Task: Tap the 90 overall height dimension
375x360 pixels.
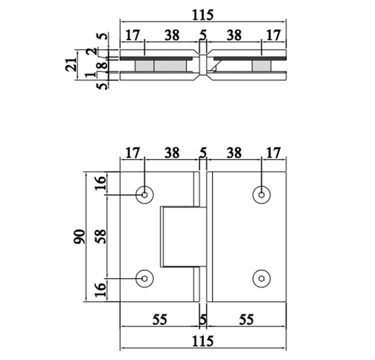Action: click(79, 237)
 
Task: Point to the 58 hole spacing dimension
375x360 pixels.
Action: click(101, 237)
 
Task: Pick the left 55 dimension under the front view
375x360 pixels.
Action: click(160, 320)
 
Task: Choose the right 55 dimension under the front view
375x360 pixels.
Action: click(246, 320)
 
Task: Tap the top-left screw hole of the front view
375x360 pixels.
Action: click(144, 195)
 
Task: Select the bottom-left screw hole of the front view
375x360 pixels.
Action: click(144, 278)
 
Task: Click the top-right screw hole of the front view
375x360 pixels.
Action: click(261, 195)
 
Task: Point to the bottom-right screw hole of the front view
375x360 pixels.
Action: click(261, 278)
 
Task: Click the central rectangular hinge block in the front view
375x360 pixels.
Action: click(181, 236)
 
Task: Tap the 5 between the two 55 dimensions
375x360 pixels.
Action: click(203, 320)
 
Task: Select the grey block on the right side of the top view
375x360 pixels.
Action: click(261, 66)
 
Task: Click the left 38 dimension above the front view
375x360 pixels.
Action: click(171, 153)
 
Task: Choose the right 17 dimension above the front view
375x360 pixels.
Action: click(273, 153)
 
